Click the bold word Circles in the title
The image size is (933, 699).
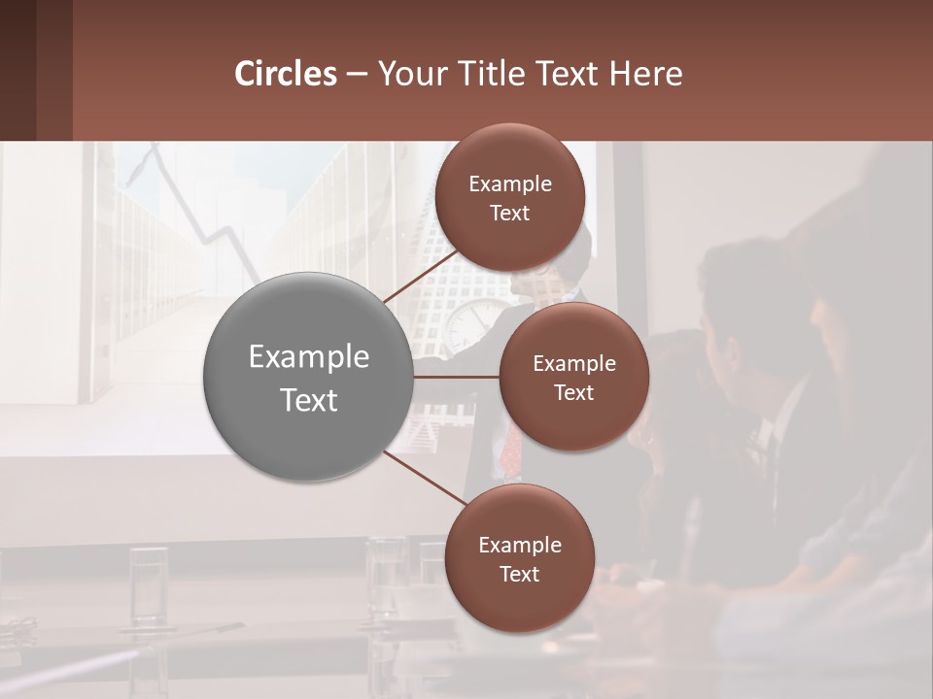click(285, 74)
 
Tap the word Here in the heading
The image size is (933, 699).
click(645, 74)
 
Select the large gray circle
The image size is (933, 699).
click(308, 377)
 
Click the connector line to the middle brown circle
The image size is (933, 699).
click(456, 376)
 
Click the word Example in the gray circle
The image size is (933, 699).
click(308, 356)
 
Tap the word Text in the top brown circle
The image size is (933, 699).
click(509, 213)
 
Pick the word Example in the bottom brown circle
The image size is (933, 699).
click(519, 545)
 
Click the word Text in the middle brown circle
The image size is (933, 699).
click(573, 392)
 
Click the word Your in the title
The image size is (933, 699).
click(407, 74)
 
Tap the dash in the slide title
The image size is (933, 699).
click(356, 74)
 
